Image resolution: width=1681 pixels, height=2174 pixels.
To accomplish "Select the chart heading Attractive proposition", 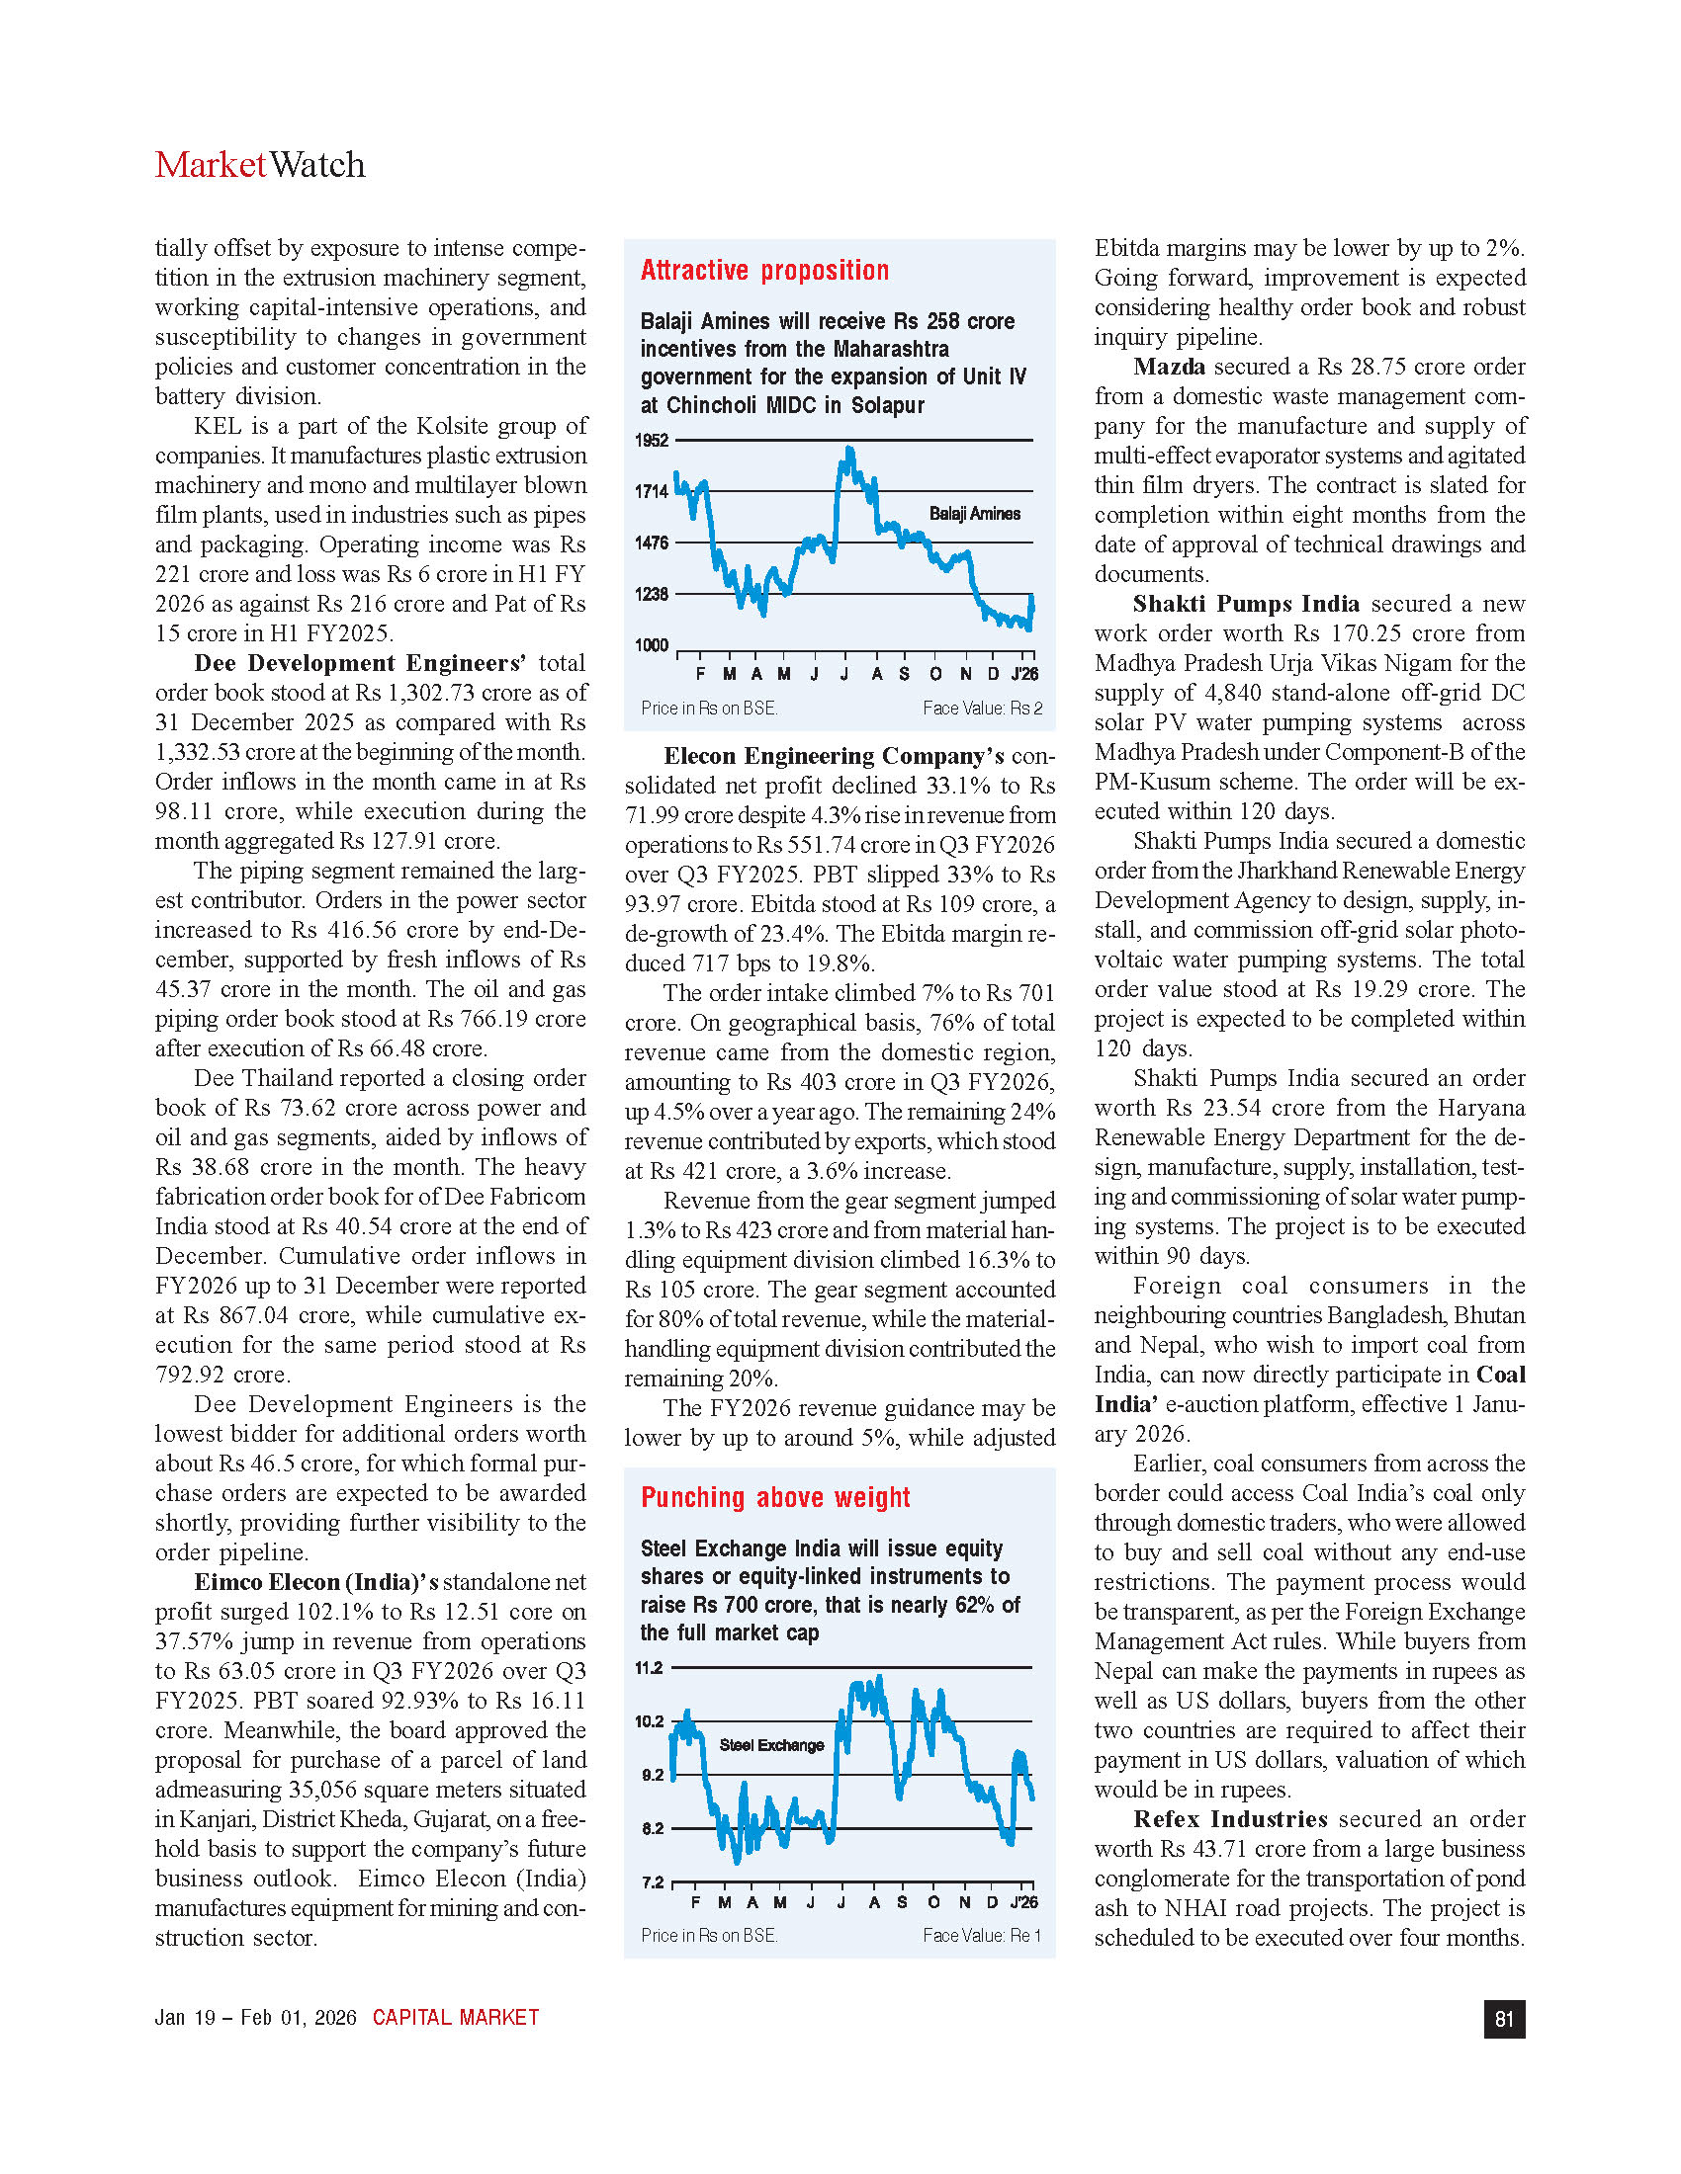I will click(x=763, y=271).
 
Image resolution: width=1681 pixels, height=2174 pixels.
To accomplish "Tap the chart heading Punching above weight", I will click(x=775, y=1497).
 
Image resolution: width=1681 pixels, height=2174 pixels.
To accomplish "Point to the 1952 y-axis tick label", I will click(x=652, y=440).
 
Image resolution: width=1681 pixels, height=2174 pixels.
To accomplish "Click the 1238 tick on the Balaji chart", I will click(x=652, y=594).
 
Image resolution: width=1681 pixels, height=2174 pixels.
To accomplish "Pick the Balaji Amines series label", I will click(x=974, y=514).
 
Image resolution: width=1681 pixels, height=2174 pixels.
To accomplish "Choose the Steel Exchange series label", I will click(x=771, y=1745).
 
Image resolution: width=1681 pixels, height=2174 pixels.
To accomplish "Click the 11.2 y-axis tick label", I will click(x=650, y=1667).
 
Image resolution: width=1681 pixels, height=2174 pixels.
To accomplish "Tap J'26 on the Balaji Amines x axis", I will click(x=1023, y=674).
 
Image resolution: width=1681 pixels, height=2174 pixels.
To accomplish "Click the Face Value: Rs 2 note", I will click(x=982, y=708).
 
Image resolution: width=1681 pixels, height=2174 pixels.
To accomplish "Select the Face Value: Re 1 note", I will click(x=981, y=1935).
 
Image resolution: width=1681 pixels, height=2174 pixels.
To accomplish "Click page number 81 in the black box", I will click(x=1504, y=2019).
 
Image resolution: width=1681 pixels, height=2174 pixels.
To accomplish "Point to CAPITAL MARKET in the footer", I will click(x=455, y=2018).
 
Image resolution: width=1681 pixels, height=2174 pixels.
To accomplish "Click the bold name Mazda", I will click(x=1169, y=367).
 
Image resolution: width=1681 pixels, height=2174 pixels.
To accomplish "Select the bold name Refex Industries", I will click(x=1230, y=1818).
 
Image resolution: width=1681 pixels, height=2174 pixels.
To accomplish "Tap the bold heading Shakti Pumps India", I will click(x=1246, y=603).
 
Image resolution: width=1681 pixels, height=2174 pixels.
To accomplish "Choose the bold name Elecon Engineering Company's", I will click(x=834, y=756).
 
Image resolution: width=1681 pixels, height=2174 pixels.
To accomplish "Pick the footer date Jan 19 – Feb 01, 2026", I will click(x=255, y=2018).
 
